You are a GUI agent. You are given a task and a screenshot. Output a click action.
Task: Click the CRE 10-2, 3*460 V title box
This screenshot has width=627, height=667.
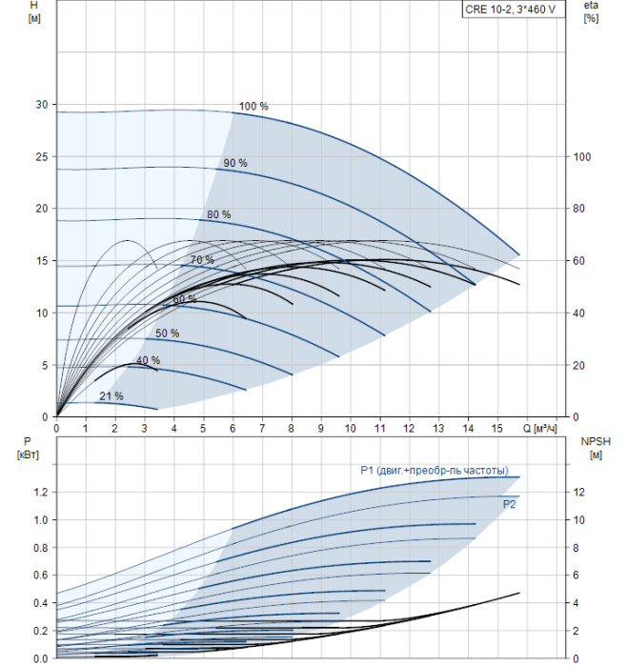pos(514,9)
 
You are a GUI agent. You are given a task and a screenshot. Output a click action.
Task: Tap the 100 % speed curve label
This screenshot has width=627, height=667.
pos(253,107)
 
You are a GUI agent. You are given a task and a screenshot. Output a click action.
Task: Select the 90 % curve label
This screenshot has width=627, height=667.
pos(235,163)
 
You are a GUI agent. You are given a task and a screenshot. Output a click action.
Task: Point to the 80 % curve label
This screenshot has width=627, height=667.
pos(218,214)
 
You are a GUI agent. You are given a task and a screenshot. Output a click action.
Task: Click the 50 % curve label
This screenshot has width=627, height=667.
pos(167,333)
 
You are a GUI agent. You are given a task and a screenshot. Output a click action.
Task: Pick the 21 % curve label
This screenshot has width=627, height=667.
pos(111,396)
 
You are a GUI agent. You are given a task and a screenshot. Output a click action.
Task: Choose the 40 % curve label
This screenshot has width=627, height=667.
pos(148,360)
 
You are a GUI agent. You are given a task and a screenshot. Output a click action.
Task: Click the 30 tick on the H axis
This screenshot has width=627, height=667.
pos(42,105)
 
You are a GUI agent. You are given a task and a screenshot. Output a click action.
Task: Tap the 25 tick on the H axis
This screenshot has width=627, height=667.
pos(42,157)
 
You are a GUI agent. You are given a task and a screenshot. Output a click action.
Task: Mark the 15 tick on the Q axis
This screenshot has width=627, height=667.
pos(496,429)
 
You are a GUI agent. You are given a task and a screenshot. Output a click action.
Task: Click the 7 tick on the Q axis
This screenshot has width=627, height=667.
pos(262,429)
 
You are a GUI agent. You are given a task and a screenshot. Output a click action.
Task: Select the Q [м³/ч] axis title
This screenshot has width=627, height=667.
pos(539,429)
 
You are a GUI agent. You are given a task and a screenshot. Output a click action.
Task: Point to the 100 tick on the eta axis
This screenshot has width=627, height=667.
pos(581,157)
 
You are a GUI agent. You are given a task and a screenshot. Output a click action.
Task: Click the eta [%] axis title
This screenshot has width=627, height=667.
pos(592,11)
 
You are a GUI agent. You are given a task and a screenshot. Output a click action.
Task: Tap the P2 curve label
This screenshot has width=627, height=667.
pos(509,504)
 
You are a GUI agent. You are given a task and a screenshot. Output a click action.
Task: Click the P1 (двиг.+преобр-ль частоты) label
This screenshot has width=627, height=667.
pos(435,470)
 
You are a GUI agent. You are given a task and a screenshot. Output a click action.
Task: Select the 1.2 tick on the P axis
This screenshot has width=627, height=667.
pos(41,493)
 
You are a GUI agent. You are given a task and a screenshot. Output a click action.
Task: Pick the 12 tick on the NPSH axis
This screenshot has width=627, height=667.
pos(578,493)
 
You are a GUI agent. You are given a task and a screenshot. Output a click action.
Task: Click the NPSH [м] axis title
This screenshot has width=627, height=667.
pos(596,449)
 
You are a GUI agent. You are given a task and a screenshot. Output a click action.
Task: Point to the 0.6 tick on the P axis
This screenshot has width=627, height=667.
pos(41,576)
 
